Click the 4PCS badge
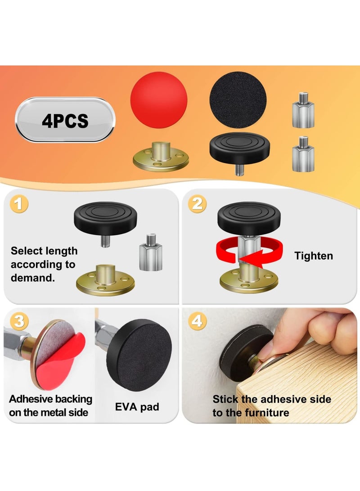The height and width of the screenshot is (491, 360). [65, 120]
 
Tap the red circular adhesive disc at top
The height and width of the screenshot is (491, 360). [158, 100]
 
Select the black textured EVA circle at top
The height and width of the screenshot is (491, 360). [238, 99]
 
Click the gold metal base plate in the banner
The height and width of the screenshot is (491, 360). [161, 157]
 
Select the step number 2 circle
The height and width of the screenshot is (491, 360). [197, 205]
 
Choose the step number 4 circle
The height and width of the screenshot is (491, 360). [197, 321]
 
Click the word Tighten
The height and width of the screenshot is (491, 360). [314, 256]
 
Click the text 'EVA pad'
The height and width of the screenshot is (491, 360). [137, 407]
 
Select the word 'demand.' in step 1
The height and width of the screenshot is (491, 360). [33, 278]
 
